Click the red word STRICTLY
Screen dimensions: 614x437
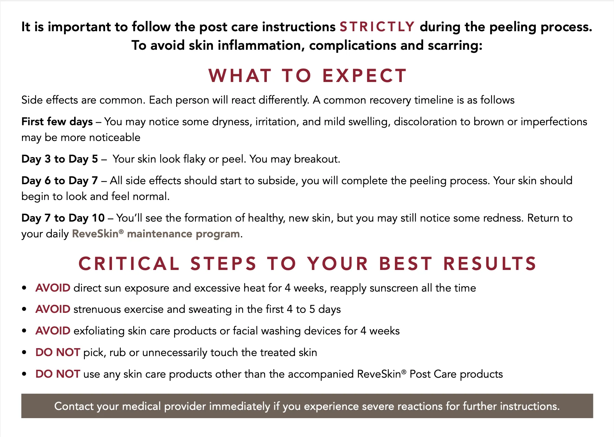pyautogui.click(x=377, y=27)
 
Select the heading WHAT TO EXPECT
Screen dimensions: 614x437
pyautogui.click(x=308, y=75)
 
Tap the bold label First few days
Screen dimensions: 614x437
pyautogui.click(x=57, y=121)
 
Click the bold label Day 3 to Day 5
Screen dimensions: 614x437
pyautogui.click(x=59, y=159)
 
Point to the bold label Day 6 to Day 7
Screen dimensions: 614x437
pyautogui.click(x=59, y=180)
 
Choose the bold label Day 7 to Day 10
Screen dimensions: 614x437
pyautogui.click(x=63, y=218)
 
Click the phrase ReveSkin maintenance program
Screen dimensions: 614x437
pyautogui.click(x=156, y=234)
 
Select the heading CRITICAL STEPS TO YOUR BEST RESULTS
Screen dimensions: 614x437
pyautogui.click(x=307, y=263)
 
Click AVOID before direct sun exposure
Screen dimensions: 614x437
pyautogui.click(x=53, y=288)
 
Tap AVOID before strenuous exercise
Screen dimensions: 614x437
pyautogui.click(x=53, y=309)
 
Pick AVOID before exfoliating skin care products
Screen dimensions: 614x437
pyautogui.click(x=53, y=331)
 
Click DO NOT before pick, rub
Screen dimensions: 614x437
pyautogui.click(x=58, y=352)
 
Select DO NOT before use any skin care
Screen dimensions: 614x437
pyautogui.click(x=58, y=374)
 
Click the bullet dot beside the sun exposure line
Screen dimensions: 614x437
pyautogui.click(x=24, y=288)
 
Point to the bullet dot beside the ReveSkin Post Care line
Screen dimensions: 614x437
pyautogui.click(x=24, y=374)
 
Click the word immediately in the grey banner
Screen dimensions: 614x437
pyautogui.click(x=240, y=406)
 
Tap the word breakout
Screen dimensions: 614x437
pyautogui.click(x=317, y=159)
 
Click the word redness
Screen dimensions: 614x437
pyautogui.click(x=504, y=218)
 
